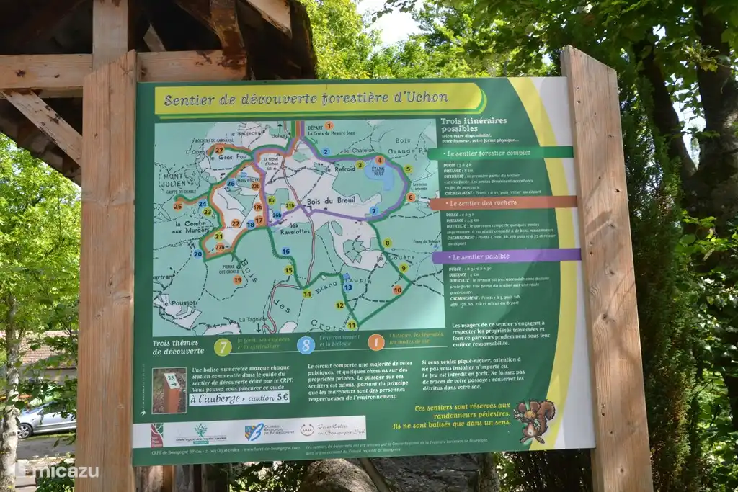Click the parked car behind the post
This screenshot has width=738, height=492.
coord(45,420)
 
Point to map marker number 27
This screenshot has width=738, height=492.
coord(219,149)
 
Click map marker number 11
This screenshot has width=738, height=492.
coord(352,325)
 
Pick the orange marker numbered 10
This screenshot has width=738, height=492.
coord(397,290)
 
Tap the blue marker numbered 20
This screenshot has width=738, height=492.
coord(197,254)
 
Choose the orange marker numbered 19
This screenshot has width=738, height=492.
coord(237,279)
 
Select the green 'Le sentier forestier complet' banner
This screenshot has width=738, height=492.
coord(501,153)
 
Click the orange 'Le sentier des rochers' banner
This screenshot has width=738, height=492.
coord(504,203)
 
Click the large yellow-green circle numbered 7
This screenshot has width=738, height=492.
coord(223,346)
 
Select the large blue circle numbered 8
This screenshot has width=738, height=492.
coord(306,345)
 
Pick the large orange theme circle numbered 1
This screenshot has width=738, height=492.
coord(376,342)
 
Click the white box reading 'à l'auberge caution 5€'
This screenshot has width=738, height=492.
coord(239,397)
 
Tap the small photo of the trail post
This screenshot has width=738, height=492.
coord(169,391)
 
